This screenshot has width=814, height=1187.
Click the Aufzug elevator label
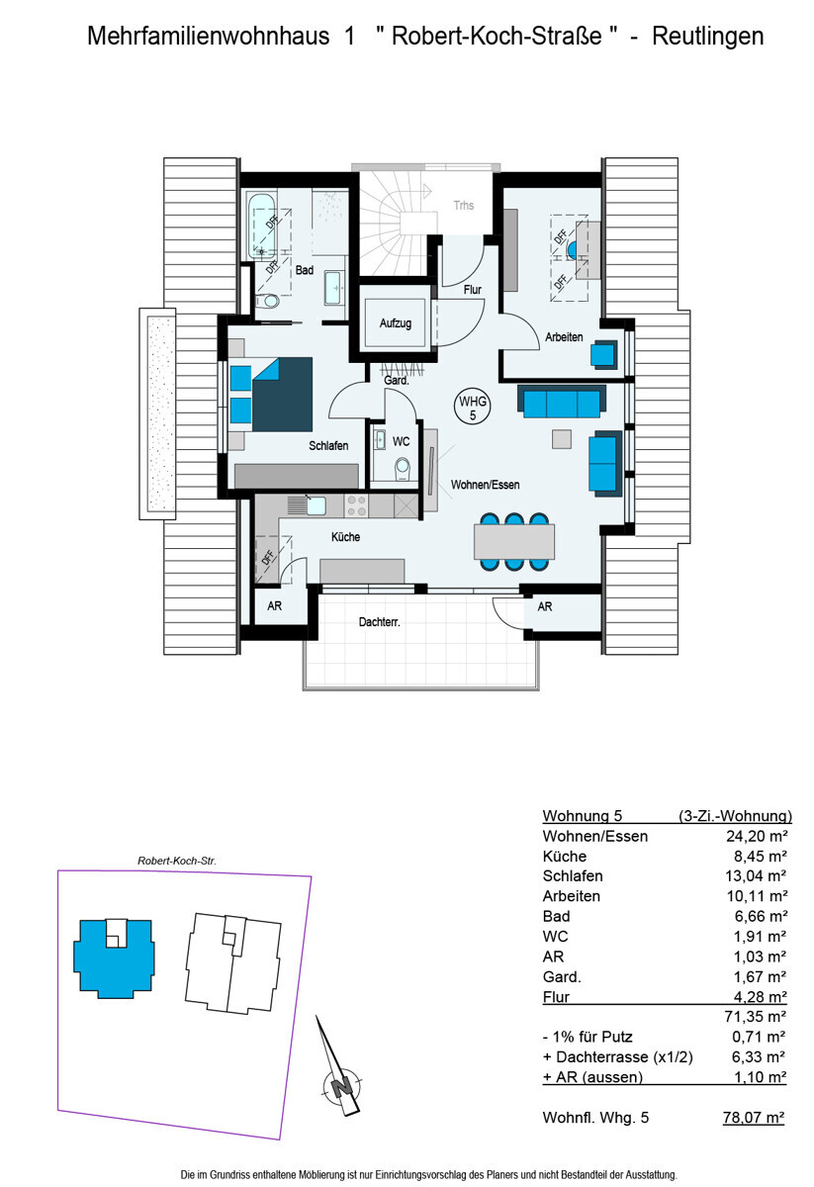[x=396, y=323]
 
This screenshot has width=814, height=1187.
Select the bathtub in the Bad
[x=261, y=227]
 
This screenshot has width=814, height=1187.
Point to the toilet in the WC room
[x=403, y=469]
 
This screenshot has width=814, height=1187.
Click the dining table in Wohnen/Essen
[x=514, y=542]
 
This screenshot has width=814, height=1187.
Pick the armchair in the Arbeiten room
[x=603, y=354]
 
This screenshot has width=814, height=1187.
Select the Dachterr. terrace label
[x=380, y=622]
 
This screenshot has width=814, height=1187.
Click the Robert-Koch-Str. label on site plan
[x=177, y=861]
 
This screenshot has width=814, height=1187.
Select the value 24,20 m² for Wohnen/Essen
[x=757, y=836]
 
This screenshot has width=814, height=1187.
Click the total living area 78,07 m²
[x=754, y=1118]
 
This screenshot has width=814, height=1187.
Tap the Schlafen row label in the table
[x=573, y=876]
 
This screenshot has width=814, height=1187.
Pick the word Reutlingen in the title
[x=707, y=36]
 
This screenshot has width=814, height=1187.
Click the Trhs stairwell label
[x=463, y=205]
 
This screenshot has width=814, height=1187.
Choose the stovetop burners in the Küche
[x=356, y=505]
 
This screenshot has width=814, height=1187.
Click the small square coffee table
[x=562, y=439]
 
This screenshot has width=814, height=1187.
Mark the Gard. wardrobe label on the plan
[x=397, y=381]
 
